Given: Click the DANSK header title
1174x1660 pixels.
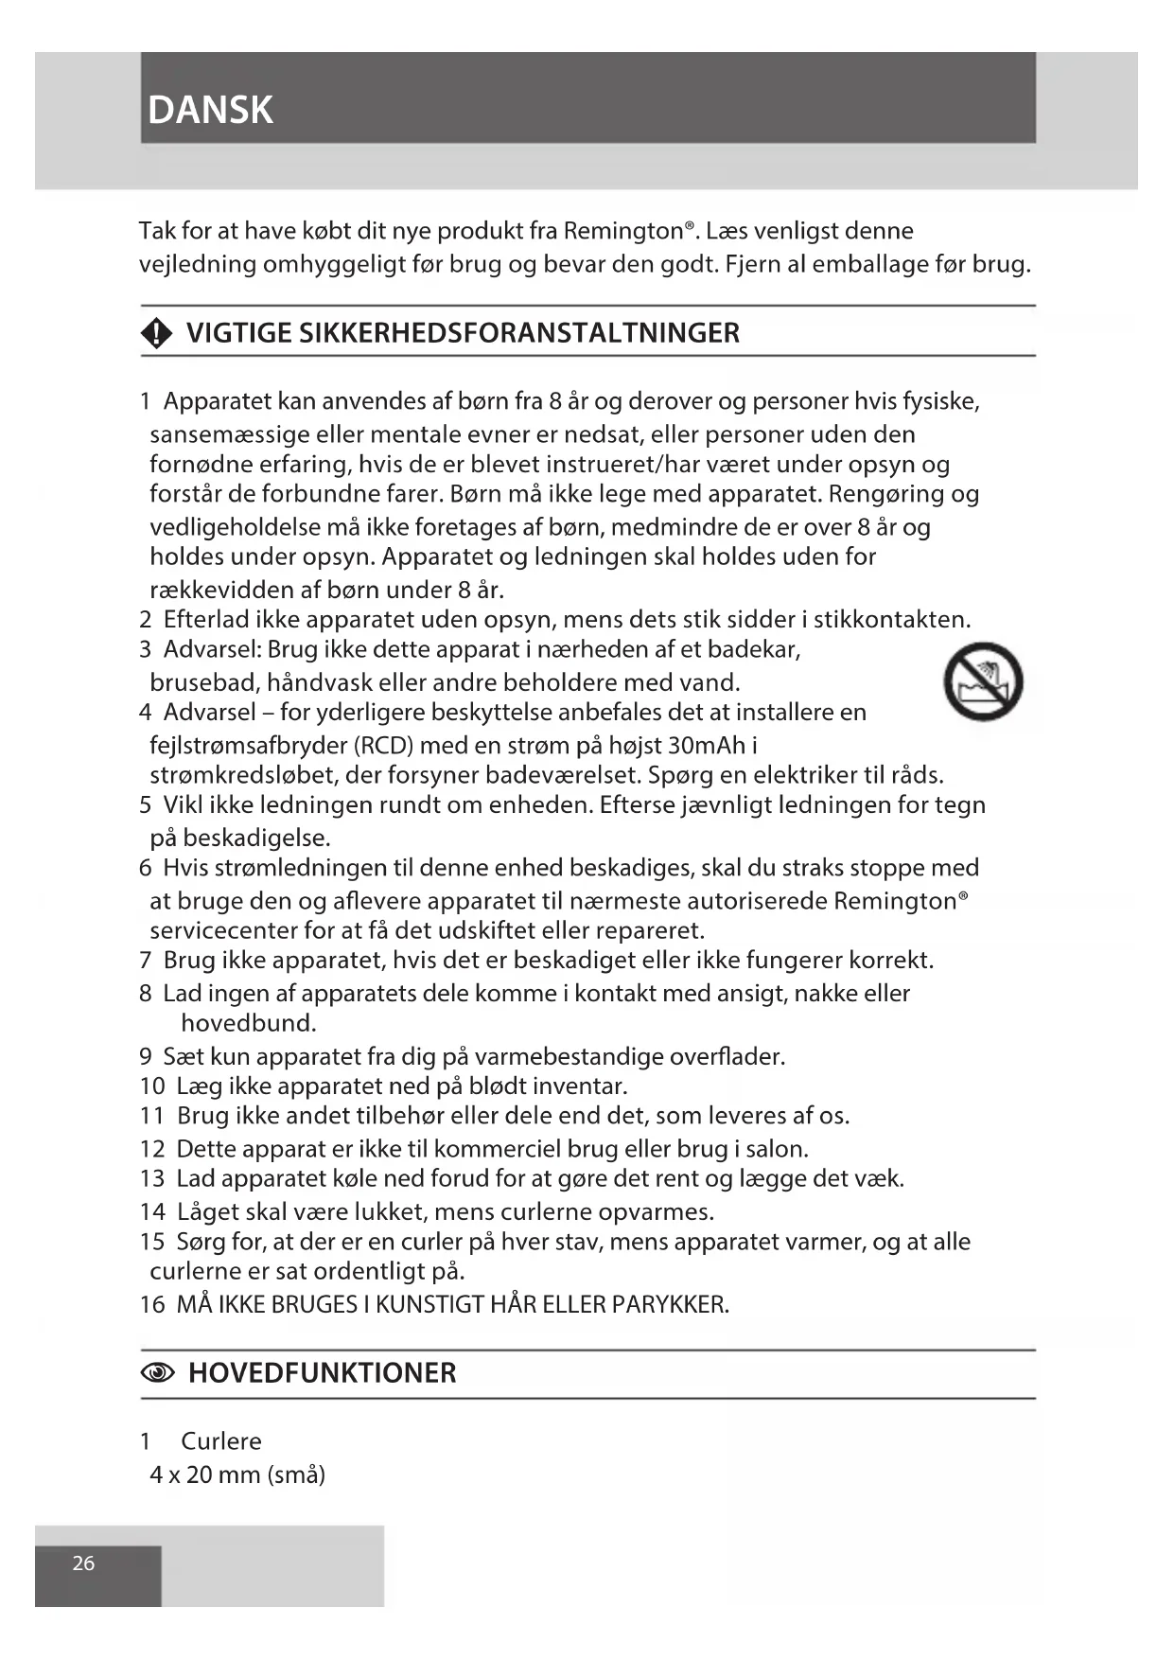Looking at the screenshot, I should point(210,111).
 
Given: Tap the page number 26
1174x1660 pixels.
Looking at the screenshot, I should point(83,1563).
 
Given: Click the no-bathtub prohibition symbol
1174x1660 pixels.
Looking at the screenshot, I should point(984,681).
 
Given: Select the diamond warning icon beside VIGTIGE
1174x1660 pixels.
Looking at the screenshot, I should point(156,333).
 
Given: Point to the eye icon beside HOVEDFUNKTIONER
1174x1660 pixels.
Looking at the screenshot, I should point(158,1373).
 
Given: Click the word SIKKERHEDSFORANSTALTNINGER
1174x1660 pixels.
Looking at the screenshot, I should point(519,333).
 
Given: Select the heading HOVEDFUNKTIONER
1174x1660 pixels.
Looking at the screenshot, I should point(322,1373).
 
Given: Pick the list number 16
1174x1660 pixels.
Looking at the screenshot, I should point(151,1304).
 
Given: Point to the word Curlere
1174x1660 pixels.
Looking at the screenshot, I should point(220,1441).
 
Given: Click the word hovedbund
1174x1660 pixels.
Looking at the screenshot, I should point(248,1023).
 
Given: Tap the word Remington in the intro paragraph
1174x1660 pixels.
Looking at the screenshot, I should point(623,231).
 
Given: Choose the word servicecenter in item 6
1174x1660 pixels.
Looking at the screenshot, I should point(223,930).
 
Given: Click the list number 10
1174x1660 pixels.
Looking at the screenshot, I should point(151,1086).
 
